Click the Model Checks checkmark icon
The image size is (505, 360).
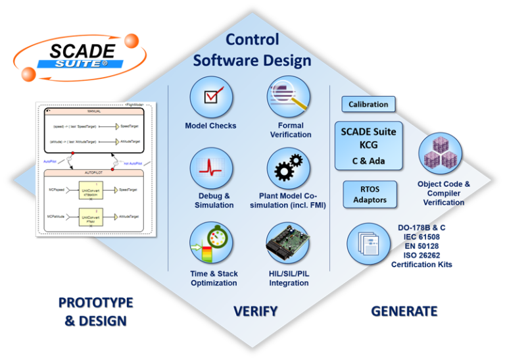coord(211,97)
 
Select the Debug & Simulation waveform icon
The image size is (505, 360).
coord(211,169)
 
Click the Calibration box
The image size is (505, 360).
coord(368,104)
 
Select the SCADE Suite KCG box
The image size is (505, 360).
coord(368,145)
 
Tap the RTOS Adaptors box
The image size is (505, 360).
coord(370,195)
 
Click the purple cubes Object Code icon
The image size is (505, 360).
coord(440,154)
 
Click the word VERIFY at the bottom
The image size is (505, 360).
coord(256,311)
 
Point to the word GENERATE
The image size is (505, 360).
coord(404,310)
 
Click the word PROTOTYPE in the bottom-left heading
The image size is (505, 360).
coord(95,303)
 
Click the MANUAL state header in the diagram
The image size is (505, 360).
coord(94,112)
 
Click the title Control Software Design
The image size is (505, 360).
coord(251,50)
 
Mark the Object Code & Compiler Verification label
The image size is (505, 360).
coord(444,193)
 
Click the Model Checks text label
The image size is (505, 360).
coord(210,126)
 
